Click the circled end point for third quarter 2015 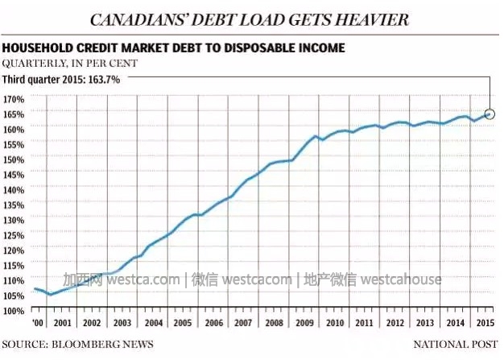(x=490, y=114)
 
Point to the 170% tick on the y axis (x=14, y=98)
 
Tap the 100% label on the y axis (x=14, y=310)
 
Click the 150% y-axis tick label (x=14, y=159)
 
